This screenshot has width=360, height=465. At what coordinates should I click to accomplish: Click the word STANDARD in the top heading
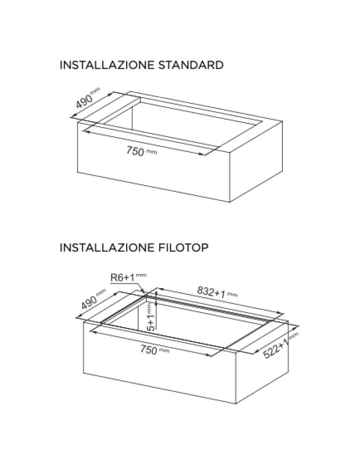pyautogui.click(x=191, y=65)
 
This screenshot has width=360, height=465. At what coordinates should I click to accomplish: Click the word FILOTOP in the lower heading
pyautogui.click(x=181, y=247)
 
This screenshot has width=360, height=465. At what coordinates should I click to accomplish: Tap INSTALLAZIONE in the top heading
pyautogui.click(x=107, y=65)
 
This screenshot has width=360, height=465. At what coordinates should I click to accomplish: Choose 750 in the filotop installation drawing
pyautogui.click(x=148, y=350)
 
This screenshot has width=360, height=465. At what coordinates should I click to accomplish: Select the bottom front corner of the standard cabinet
pyautogui.click(x=230, y=202)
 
